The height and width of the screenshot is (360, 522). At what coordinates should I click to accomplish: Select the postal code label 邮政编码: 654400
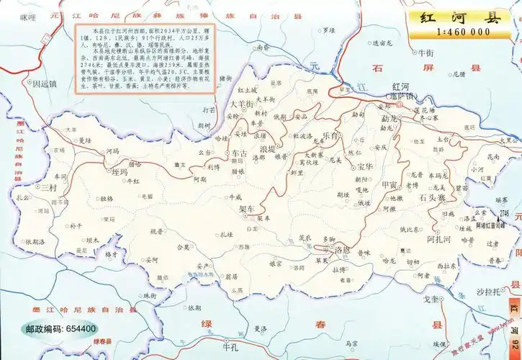pyautogui.click(x=61, y=328)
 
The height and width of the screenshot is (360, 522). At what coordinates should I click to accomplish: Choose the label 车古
pyautogui.click(x=239, y=153)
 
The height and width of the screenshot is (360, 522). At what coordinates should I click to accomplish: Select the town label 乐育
pyautogui.click(x=333, y=135)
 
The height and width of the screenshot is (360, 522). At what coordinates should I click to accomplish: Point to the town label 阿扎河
pyautogui.click(x=438, y=238)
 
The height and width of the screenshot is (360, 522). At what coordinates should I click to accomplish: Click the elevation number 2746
pyautogui.click(x=503, y=213)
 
